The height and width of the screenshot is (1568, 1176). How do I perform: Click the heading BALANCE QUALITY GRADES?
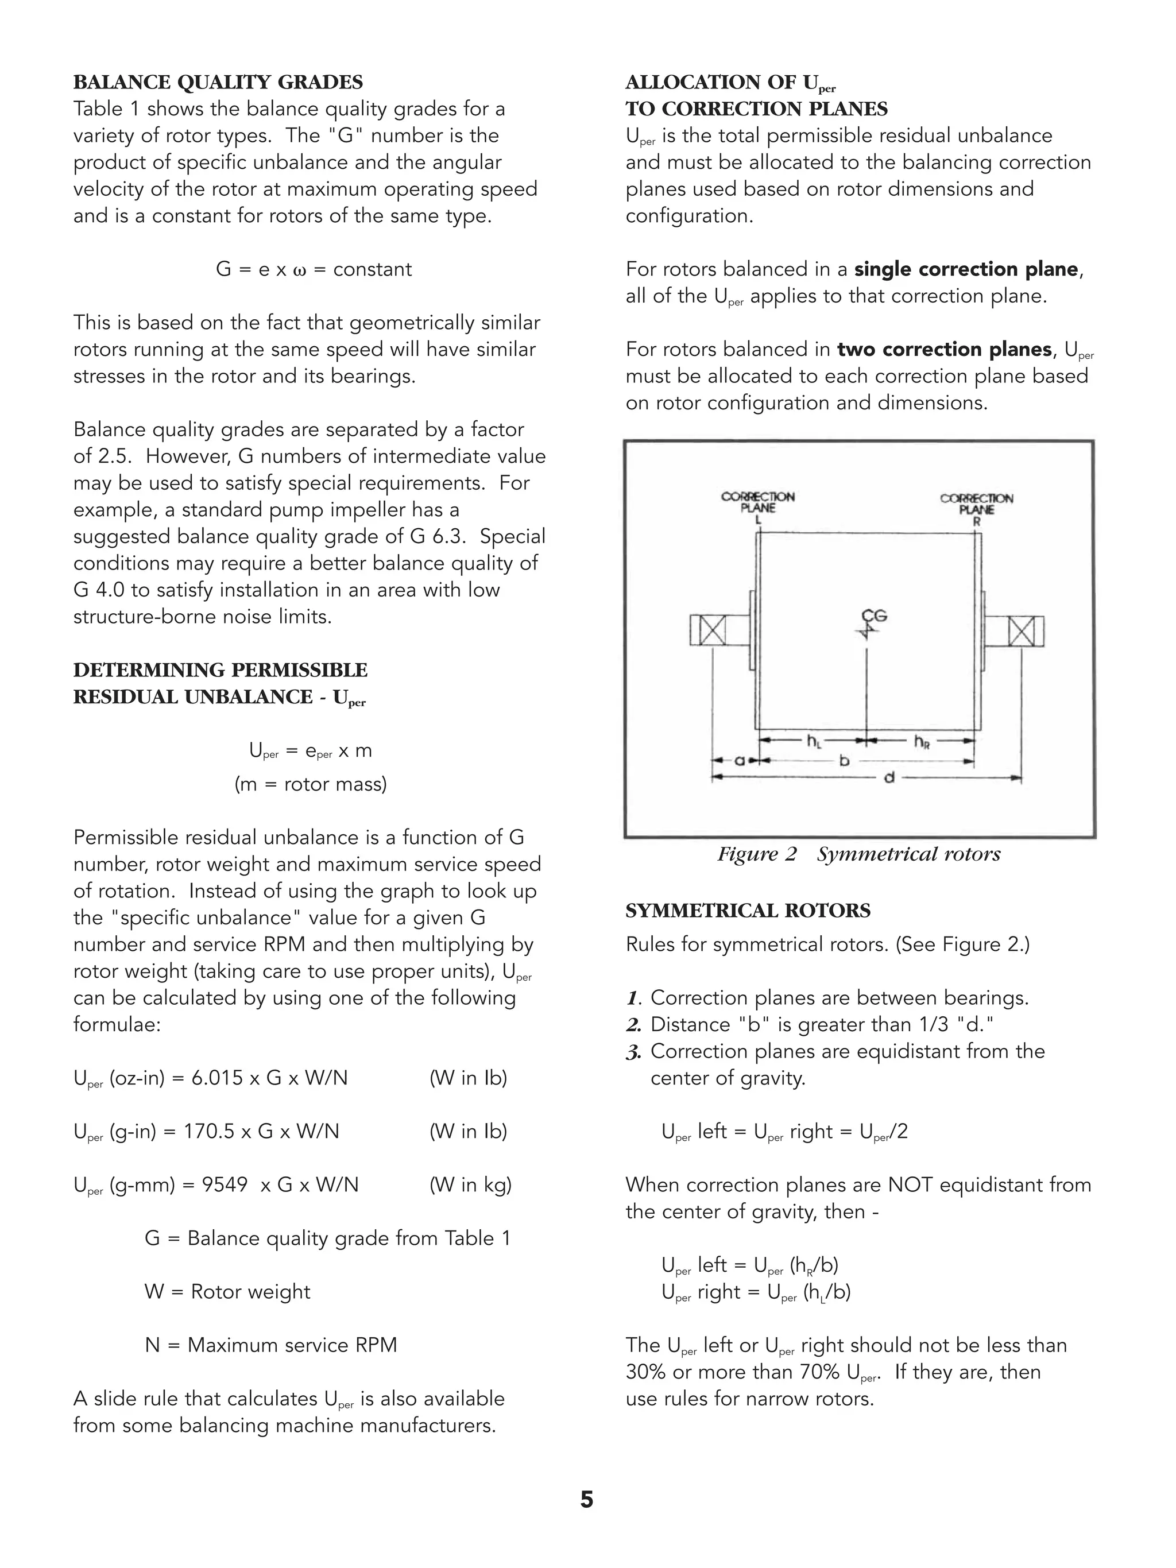tap(218, 83)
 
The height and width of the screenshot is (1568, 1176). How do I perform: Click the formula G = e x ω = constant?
tap(314, 269)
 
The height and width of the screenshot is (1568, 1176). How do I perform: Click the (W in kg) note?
tap(470, 1184)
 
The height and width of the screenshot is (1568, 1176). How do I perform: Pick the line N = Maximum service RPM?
tap(271, 1345)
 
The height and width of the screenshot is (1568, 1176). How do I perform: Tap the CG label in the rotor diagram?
tap(874, 616)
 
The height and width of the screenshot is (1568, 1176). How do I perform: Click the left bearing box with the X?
tap(711, 630)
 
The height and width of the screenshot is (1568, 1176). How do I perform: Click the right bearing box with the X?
tap(1022, 631)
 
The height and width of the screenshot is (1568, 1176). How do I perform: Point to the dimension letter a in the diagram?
tap(738, 761)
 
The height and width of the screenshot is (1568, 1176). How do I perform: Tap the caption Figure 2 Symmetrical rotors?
tap(858, 854)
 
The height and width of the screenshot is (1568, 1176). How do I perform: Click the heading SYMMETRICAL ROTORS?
tap(748, 911)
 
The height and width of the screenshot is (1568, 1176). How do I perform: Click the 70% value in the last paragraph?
tap(819, 1372)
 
